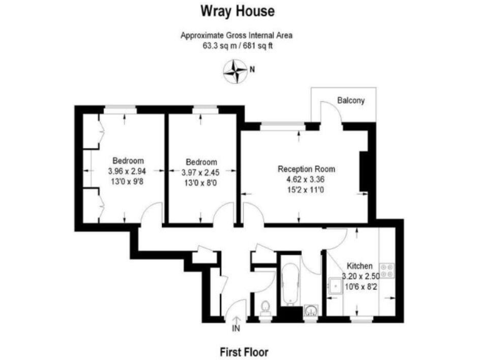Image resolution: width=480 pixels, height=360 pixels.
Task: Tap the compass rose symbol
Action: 235,71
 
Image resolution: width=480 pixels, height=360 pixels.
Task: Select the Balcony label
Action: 351,101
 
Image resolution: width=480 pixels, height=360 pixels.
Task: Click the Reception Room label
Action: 306,169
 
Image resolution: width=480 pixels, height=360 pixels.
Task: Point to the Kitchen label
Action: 359,266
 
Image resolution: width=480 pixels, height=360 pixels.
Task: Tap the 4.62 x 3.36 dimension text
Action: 306,178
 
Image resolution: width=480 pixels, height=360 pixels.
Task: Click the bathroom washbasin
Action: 310,311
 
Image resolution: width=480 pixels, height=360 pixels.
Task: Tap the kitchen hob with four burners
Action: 387,270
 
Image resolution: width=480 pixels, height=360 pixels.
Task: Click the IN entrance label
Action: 236,327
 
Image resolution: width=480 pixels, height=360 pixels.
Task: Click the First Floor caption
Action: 244,352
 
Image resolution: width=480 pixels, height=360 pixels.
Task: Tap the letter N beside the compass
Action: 251,70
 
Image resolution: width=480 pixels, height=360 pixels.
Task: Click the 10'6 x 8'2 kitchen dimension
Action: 359,286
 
